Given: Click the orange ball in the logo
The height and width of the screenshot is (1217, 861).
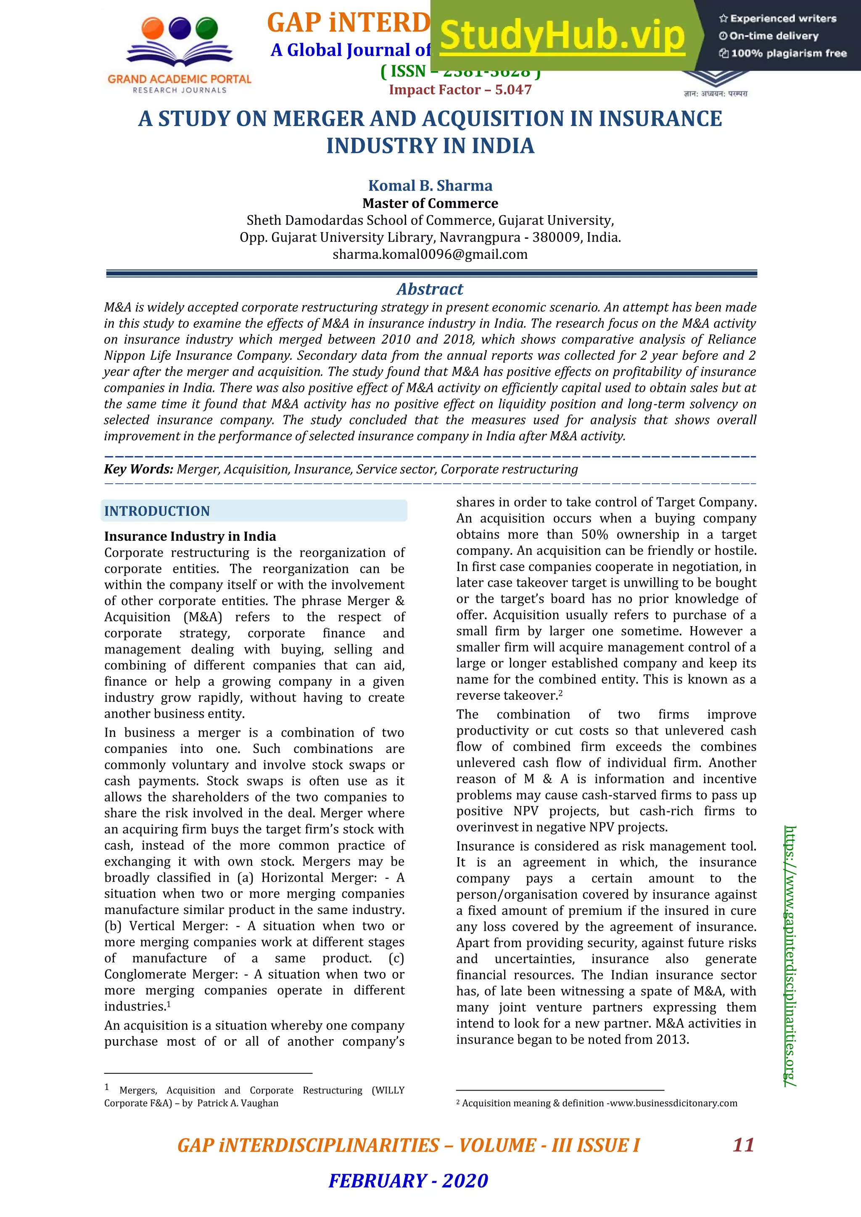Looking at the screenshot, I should click(153, 28).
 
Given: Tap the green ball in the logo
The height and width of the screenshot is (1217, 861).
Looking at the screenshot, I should click(206, 28).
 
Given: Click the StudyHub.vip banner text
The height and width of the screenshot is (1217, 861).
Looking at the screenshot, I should click(562, 36).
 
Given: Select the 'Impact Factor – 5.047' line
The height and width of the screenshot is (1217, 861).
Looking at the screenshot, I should click(460, 90).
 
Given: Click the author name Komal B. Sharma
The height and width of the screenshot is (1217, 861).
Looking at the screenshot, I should click(430, 185).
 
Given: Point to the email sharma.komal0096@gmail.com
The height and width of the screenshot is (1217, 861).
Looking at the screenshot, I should click(430, 254).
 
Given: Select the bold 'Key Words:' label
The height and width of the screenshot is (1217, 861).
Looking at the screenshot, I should click(138, 469).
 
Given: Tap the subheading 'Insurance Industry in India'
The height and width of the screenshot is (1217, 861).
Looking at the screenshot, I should click(190, 536).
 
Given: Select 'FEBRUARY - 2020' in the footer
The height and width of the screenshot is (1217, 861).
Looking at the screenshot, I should click(408, 1180).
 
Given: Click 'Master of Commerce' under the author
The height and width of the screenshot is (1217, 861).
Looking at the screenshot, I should click(430, 203).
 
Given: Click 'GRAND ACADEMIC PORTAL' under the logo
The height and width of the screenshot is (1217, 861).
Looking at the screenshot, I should click(179, 79).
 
